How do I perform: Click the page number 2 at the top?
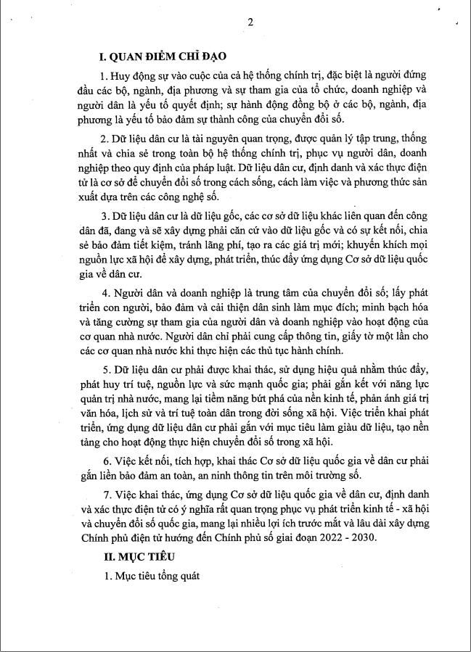tap(250, 22)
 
